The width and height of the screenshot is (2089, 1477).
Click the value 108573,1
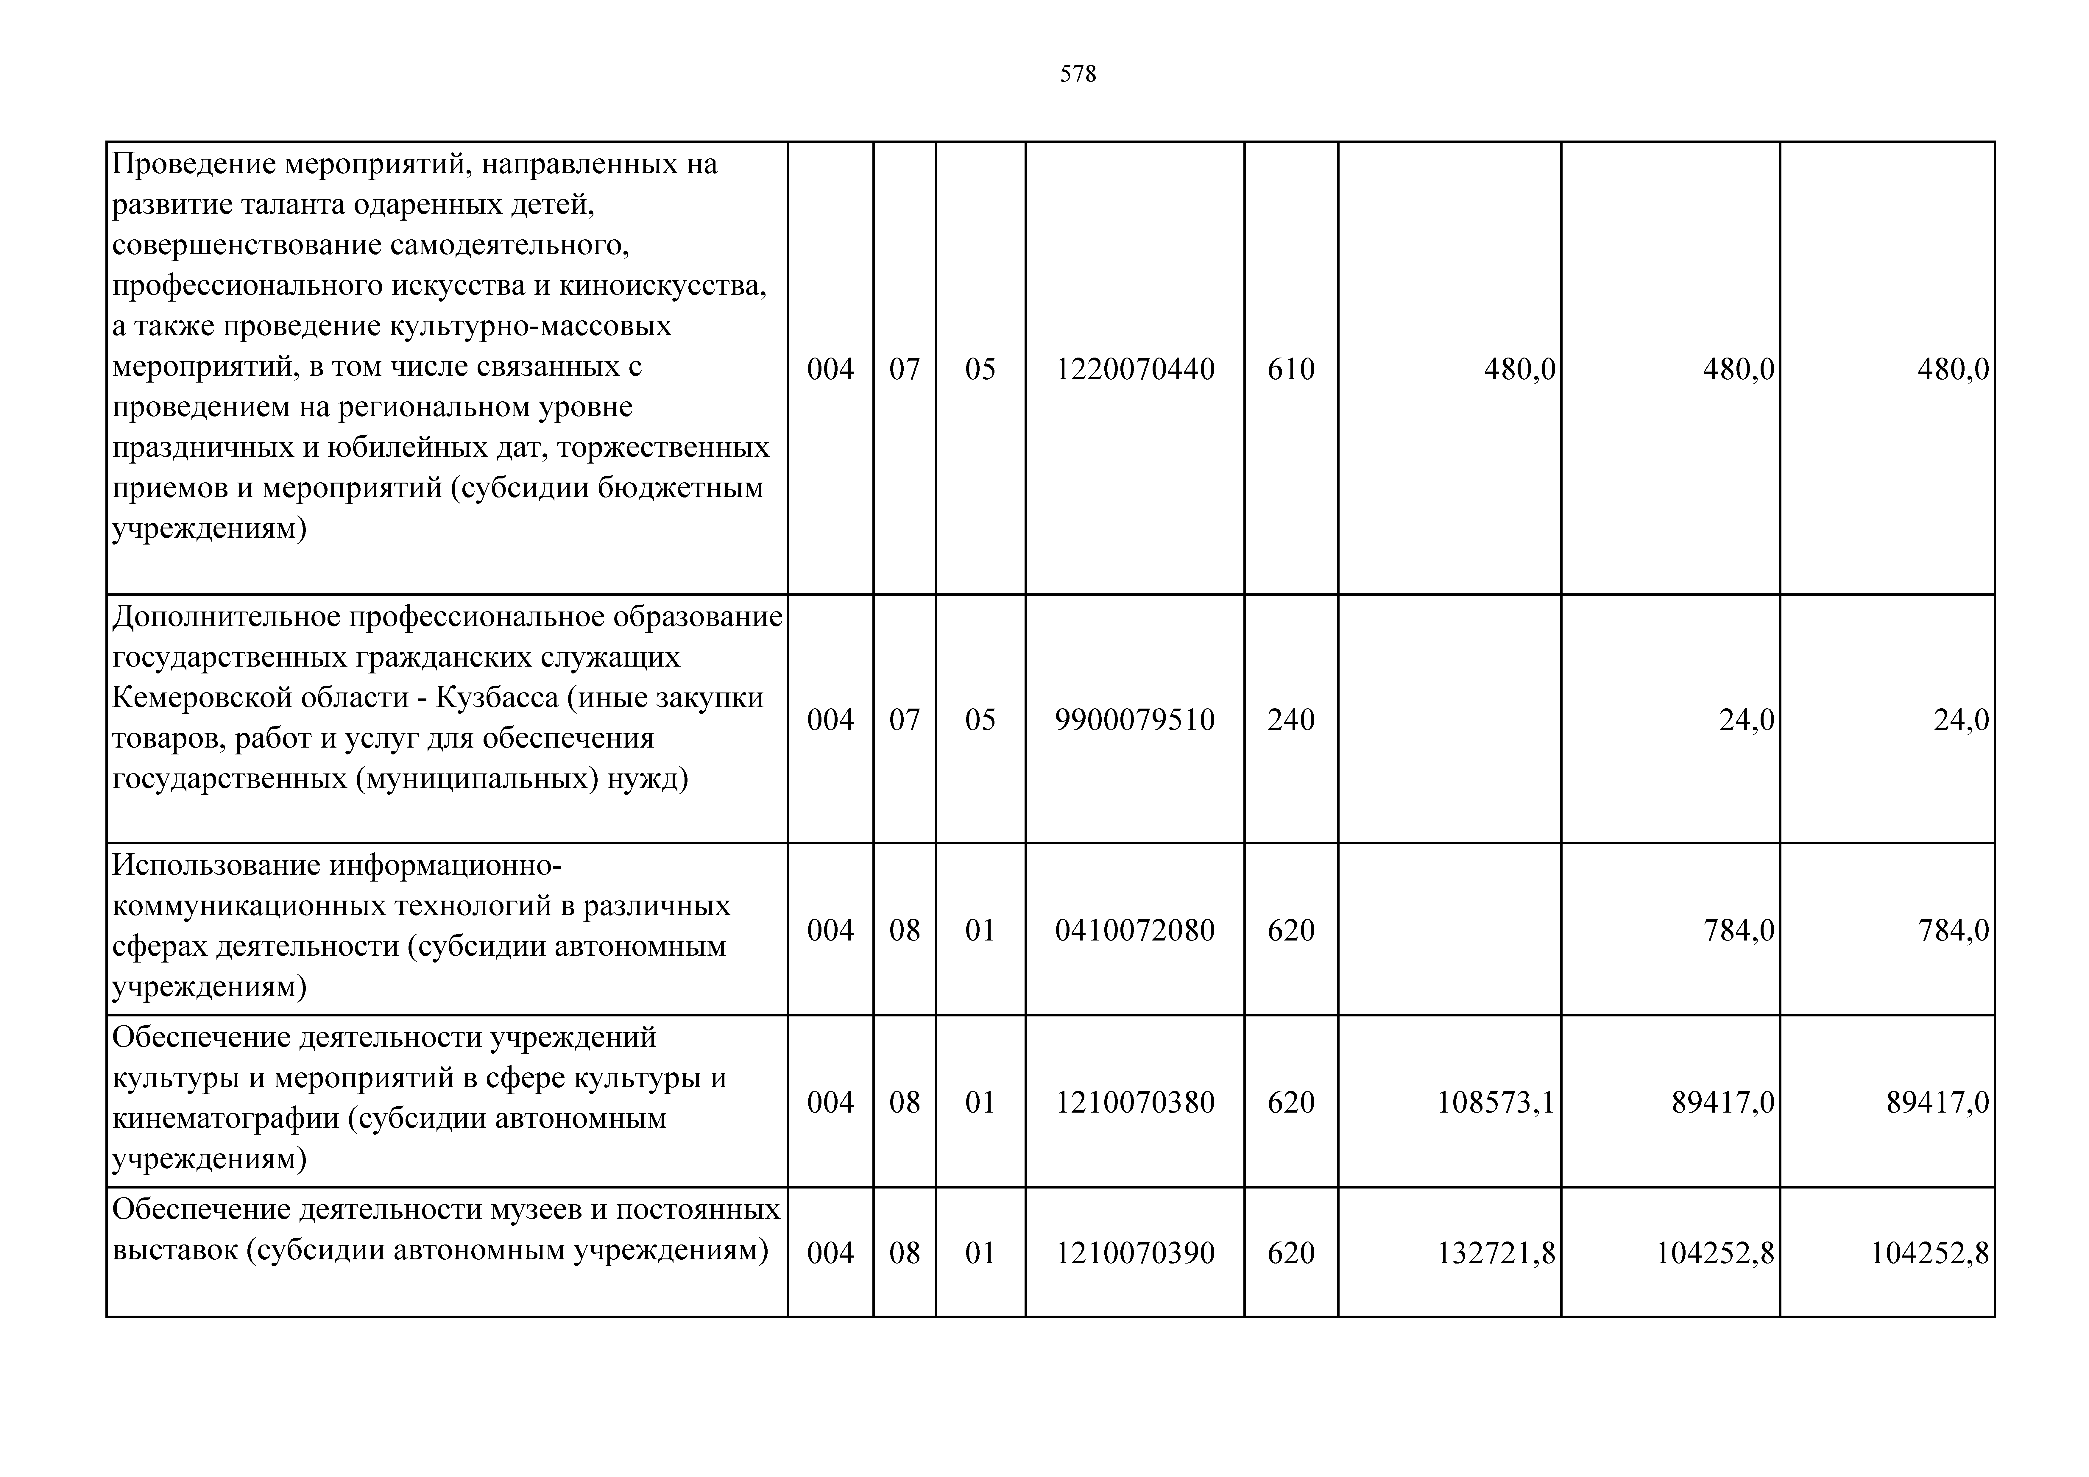pos(1496,1103)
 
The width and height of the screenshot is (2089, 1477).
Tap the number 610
pos(1291,369)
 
